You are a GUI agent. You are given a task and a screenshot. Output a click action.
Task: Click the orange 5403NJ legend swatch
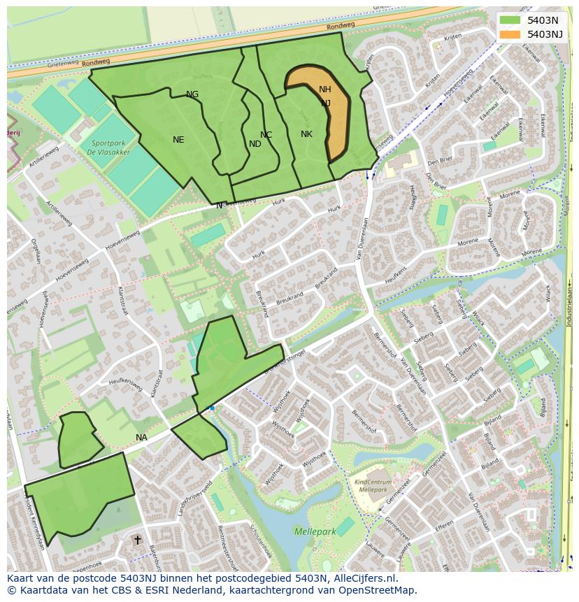[x=510, y=34]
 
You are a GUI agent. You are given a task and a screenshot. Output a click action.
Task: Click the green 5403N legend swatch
[x=510, y=20]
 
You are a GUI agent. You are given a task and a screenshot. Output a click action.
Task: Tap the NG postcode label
[x=192, y=94]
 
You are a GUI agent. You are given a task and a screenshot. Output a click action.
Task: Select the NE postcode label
[x=178, y=140]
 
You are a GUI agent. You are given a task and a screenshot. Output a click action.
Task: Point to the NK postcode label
[x=306, y=134]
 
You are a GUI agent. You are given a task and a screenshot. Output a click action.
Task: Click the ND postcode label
[x=255, y=144]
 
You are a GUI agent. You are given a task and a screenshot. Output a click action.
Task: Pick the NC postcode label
[x=266, y=135]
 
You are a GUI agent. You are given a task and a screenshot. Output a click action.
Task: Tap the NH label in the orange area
[x=325, y=89]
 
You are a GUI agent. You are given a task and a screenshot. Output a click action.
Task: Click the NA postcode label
[x=141, y=438]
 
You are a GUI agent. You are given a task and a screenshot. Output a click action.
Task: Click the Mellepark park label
[x=315, y=532]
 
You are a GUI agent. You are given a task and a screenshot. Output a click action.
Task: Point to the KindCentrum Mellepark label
[x=373, y=486]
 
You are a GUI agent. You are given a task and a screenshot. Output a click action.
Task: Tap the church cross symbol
[x=138, y=540]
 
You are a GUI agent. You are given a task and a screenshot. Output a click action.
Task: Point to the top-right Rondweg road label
[x=341, y=26]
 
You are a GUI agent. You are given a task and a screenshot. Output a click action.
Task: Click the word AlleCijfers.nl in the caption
[x=364, y=578]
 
